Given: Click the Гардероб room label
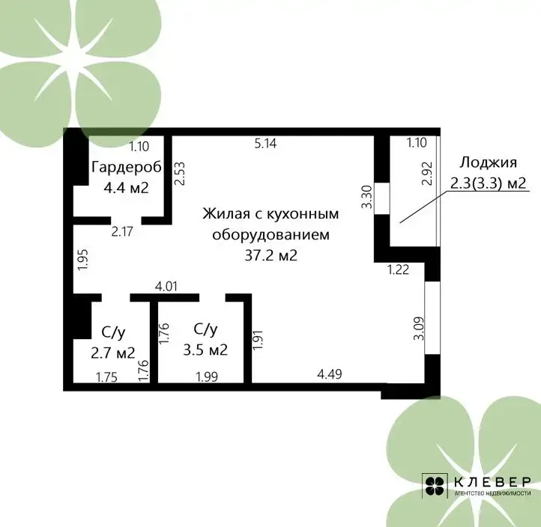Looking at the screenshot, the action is (127, 168).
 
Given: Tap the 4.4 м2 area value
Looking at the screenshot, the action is (127, 188).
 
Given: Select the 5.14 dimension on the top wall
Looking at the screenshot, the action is (266, 144).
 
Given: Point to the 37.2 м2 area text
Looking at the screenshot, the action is (270, 255).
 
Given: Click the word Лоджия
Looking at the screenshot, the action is (488, 162).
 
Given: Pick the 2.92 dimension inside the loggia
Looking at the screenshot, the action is (428, 174).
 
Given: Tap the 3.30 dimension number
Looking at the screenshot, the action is (367, 197).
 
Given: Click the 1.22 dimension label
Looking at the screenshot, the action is (399, 269).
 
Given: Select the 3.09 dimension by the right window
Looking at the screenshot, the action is (419, 329).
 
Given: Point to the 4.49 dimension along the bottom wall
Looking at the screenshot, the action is (330, 374).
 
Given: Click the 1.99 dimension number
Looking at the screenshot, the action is (207, 377).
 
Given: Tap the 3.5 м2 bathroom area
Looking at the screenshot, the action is (205, 350).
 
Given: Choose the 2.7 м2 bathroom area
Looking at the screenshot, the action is (113, 353).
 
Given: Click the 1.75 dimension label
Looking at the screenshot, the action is (106, 377).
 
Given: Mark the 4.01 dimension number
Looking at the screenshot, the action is (166, 287).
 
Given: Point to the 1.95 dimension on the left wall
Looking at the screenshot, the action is (83, 260).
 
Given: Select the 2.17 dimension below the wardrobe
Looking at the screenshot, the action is (122, 231).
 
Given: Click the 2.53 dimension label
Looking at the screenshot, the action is (180, 174).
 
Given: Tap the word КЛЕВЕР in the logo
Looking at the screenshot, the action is (492, 482).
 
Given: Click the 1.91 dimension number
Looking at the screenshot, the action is (258, 340).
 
